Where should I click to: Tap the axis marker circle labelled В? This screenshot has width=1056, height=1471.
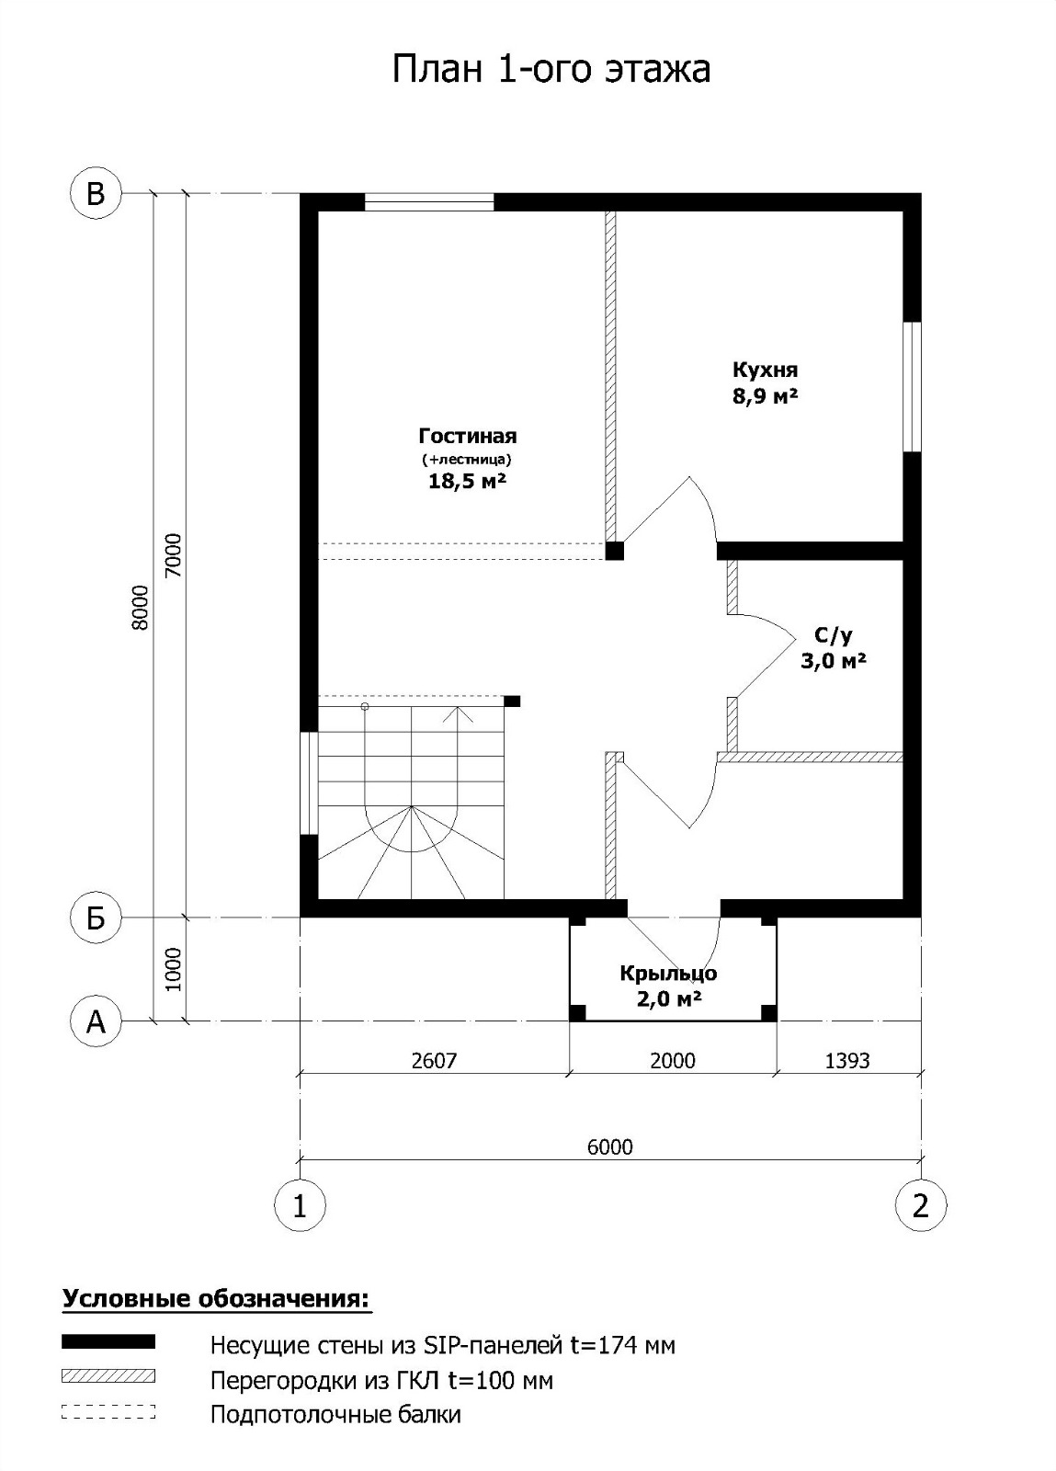point(96,194)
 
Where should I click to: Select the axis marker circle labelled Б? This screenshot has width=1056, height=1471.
point(96,918)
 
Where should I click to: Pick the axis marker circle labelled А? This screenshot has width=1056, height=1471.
point(96,1021)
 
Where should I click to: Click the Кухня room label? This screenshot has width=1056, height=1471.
point(766,370)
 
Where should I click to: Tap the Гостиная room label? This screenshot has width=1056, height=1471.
point(468,436)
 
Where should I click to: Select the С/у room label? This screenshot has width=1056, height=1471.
point(834,635)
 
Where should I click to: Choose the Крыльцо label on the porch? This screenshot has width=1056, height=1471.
point(669,974)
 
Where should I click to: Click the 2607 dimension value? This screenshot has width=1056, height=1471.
point(434,1061)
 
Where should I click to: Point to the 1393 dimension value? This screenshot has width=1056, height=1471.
point(847,1061)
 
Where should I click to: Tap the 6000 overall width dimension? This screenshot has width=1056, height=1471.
point(610,1146)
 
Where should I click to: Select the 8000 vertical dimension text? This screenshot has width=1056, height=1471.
point(141,608)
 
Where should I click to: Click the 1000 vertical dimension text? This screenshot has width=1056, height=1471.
point(173,969)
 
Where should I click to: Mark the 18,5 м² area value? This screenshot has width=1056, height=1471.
point(467,481)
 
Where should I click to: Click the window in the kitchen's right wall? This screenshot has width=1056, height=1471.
point(913,386)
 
